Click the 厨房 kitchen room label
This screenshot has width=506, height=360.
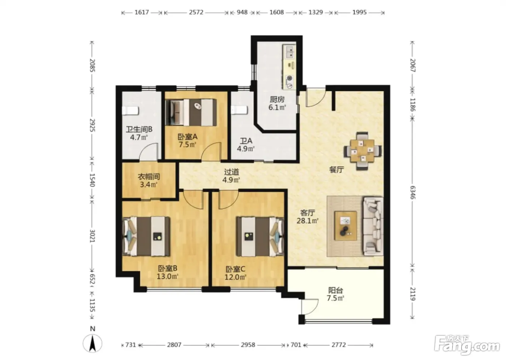coord(277,99)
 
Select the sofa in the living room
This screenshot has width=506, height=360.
coord(373,226)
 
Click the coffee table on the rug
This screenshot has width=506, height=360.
coord(346,226)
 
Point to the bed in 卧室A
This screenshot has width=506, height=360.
coord(191,112)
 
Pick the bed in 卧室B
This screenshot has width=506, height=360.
coord(146,236)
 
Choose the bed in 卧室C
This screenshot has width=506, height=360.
coord(260,236)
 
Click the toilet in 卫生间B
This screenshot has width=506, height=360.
coord(130,111)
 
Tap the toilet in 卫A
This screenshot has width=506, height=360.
coord(239,110)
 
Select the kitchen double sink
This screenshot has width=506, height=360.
coord(290,52)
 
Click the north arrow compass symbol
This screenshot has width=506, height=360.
coord(93,343)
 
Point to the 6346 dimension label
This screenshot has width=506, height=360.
coord(412,192)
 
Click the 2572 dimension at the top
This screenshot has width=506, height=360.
coord(196,12)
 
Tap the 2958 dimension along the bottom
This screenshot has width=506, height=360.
coord(248,345)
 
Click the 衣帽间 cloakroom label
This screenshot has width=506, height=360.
coord(149,176)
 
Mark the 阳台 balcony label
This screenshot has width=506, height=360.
coord(336,290)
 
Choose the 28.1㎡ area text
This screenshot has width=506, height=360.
coord(308,220)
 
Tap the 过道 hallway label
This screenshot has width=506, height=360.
coord(232,172)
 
